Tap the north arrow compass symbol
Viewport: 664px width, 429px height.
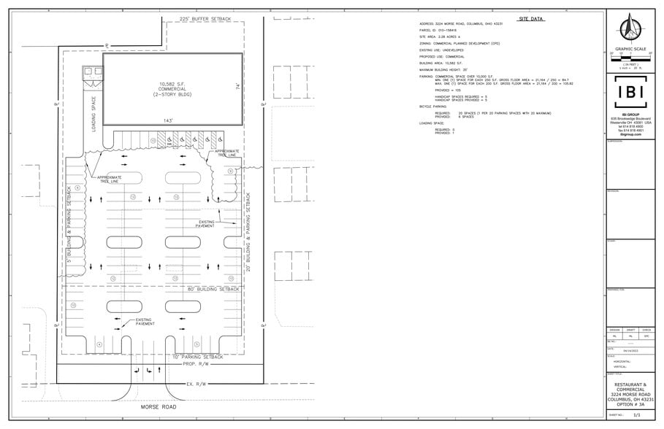pos(630,29)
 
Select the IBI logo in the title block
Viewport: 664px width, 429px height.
pos(630,93)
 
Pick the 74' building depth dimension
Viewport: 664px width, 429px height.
pos(237,86)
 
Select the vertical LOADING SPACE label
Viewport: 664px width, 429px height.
pos(94,109)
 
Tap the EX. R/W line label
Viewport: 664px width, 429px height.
pos(199,383)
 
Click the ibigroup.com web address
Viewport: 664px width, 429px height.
pos(630,135)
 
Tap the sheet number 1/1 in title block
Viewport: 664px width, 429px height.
pos(637,414)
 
